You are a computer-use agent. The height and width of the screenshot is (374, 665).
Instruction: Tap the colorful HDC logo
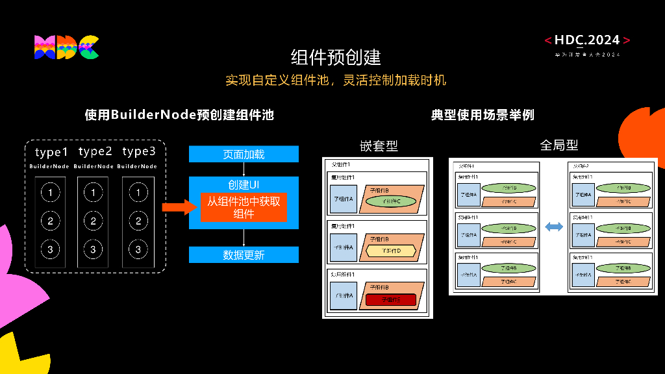[66, 47]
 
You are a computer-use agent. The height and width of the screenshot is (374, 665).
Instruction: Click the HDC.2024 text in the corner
[587, 40]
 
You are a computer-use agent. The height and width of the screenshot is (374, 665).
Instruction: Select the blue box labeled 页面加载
[244, 155]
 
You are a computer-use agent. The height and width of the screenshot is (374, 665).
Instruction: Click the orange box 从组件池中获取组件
[244, 207]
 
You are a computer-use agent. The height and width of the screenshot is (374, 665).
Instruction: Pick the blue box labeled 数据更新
[244, 255]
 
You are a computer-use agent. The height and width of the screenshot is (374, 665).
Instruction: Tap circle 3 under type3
[138, 249]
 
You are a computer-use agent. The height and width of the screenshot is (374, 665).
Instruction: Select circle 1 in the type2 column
[94, 192]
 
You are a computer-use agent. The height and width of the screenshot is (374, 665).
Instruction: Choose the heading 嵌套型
[379, 146]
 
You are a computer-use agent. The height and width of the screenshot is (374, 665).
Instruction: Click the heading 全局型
[558, 145]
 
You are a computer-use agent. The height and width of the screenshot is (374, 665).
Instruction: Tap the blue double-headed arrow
[553, 227]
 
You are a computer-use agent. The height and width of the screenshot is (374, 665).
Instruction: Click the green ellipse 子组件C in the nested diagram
[391, 201]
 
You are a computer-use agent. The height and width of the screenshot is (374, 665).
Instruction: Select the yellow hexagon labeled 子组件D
[391, 250]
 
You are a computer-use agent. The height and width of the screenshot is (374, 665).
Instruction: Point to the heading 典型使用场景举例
[483, 115]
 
